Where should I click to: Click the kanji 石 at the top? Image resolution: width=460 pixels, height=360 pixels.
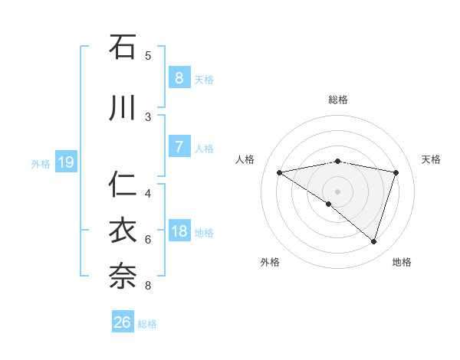(123, 47)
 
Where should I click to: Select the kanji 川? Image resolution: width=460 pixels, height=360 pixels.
(123, 108)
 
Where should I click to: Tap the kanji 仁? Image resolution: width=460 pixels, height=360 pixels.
(123, 185)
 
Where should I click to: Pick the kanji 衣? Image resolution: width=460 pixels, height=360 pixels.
(123, 231)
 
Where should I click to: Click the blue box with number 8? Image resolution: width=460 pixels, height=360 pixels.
(179, 77)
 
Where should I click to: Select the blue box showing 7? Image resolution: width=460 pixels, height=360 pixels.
(179, 146)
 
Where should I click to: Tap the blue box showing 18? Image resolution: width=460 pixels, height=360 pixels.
(179, 231)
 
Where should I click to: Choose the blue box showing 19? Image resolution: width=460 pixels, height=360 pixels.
(65, 162)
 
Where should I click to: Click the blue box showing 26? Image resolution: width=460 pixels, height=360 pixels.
(123, 322)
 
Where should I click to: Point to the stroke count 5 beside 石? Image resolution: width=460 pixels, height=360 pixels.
(148, 56)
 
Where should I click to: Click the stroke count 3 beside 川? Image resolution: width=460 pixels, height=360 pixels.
(148, 116)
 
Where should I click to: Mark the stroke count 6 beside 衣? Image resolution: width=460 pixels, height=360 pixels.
(148, 240)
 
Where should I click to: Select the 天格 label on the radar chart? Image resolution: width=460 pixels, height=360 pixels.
(431, 159)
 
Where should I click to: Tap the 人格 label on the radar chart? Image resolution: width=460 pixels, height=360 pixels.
(245, 159)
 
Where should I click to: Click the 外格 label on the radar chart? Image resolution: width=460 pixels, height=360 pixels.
(270, 262)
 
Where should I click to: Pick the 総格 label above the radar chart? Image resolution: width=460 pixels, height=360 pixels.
(337, 100)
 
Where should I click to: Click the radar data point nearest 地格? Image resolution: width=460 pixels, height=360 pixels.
(374, 242)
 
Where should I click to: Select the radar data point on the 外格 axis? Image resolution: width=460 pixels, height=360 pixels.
(329, 204)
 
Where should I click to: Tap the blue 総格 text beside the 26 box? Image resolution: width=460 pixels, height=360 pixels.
(147, 324)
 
